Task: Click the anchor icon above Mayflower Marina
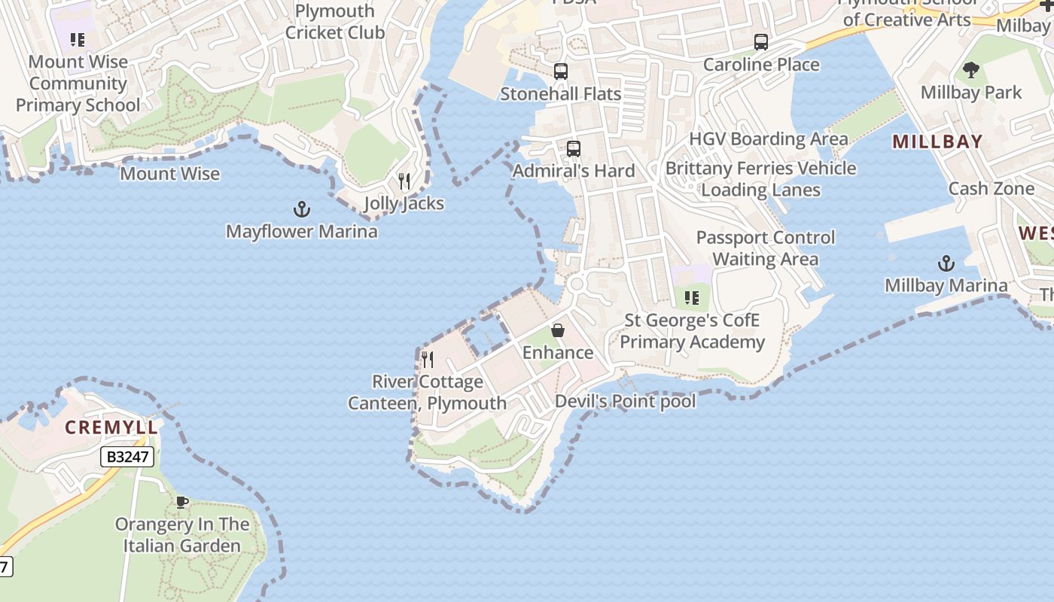click(x=302, y=208)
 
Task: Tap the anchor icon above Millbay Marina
click(x=946, y=263)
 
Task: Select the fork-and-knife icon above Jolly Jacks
click(x=404, y=181)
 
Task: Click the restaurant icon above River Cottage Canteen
click(x=428, y=359)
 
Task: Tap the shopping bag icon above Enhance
click(x=558, y=330)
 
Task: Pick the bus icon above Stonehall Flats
click(x=561, y=71)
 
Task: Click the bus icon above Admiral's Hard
click(x=574, y=149)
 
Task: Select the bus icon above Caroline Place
click(x=761, y=42)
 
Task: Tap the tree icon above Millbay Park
click(x=971, y=70)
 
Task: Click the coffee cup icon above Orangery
click(x=181, y=502)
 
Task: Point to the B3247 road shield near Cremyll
click(x=127, y=457)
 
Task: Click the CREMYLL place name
click(x=111, y=427)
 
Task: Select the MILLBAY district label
click(x=937, y=141)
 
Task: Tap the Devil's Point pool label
click(x=625, y=401)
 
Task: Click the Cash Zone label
click(x=991, y=189)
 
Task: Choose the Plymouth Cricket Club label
click(x=335, y=22)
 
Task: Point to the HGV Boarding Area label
click(x=769, y=139)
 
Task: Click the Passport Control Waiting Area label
click(x=766, y=248)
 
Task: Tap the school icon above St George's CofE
click(x=692, y=298)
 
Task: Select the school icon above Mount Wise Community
click(x=78, y=39)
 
